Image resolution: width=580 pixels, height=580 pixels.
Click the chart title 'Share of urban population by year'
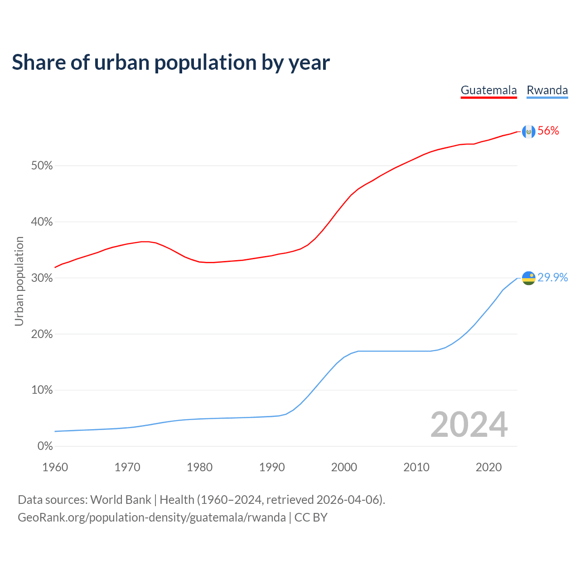pyautogui.click(x=171, y=63)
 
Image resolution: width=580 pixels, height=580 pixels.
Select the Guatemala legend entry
pyautogui.click(x=488, y=90)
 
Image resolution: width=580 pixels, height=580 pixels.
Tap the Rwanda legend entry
pyautogui.click(x=547, y=90)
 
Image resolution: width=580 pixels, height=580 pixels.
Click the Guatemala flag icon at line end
pyautogui.click(x=529, y=131)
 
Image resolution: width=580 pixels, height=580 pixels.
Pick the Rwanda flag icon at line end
pyautogui.click(x=529, y=278)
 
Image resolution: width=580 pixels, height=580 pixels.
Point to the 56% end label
pyautogui.click(x=548, y=131)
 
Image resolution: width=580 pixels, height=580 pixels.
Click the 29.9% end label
pyautogui.click(x=552, y=277)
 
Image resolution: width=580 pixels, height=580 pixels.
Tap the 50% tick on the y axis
pyautogui.click(x=42, y=166)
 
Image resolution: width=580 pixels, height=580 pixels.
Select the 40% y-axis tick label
pyautogui.click(x=42, y=222)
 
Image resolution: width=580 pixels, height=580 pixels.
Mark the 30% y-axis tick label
pyautogui.click(x=42, y=278)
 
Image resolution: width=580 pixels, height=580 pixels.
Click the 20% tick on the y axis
pyautogui.click(x=42, y=334)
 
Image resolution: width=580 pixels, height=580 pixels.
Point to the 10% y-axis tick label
pyautogui.click(x=42, y=390)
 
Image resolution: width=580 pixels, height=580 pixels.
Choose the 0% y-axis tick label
pyautogui.click(x=45, y=446)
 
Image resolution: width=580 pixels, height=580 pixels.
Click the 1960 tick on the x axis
pyautogui.click(x=55, y=467)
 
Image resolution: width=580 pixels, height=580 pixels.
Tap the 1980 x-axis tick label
pyautogui.click(x=200, y=467)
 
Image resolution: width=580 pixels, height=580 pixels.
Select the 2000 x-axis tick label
pyautogui.click(x=344, y=467)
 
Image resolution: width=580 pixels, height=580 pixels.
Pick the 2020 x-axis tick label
pyautogui.click(x=488, y=467)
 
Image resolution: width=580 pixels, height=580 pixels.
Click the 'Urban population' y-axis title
pyautogui.click(x=19, y=281)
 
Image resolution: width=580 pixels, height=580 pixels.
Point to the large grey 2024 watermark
pyautogui.click(x=469, y=425)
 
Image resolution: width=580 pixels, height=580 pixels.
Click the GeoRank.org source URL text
pyautogui.click(x=152, y=517)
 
